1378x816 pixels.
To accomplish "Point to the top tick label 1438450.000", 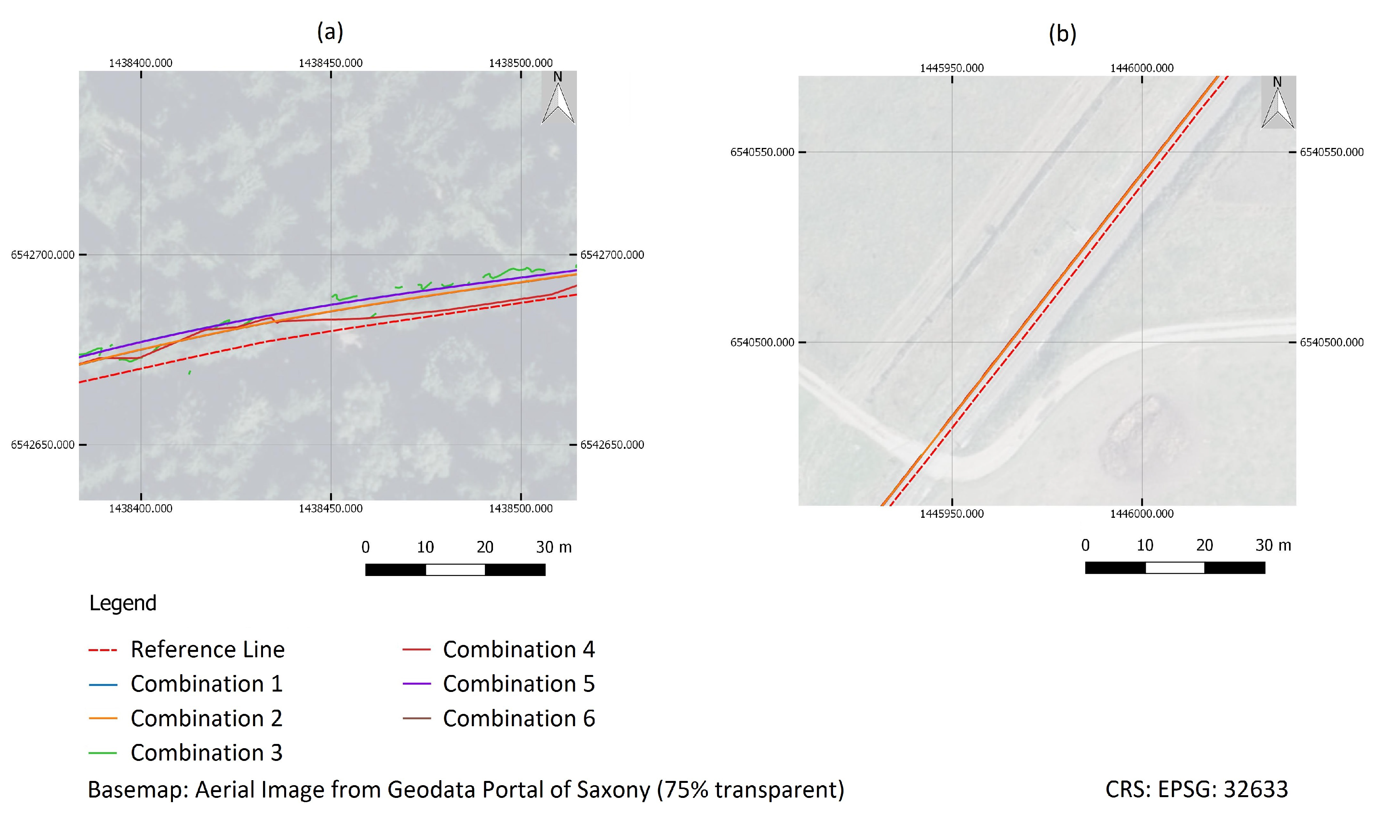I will tap(330, 63).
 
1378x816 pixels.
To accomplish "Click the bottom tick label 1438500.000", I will tap(521, 509).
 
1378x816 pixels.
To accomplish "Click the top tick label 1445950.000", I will tap(951, 68).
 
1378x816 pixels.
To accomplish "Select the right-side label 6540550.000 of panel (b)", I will tap(1331, 152).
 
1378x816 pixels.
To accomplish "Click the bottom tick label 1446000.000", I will tap(1142, 514).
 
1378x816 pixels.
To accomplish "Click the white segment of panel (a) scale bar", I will tap(455, 570).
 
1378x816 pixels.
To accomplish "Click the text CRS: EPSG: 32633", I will tap(1196, 789).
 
